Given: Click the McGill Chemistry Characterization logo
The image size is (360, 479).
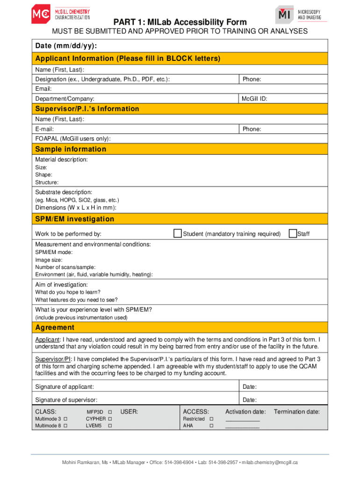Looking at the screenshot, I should click(x=60, y=15).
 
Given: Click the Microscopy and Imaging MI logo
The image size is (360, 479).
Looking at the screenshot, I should click(x=301, y=15).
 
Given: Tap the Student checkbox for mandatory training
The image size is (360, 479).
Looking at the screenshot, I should click(x=178, y=233).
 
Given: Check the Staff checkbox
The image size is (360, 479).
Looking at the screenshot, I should click(x=293, y=233).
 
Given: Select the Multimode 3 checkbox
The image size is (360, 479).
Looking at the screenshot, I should click(x=65, y=419).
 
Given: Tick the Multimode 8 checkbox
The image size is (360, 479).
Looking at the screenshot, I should click(x=65, y=426).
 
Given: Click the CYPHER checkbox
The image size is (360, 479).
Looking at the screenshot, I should click(x=110, y=419).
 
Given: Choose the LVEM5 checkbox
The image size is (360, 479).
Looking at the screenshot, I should click(x=110, y=426).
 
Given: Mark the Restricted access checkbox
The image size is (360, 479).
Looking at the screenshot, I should click(x=212, y=419).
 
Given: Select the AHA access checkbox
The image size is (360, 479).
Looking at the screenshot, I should click(x=212, y=426).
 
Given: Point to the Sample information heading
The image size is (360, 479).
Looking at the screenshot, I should click(x=71, y=149).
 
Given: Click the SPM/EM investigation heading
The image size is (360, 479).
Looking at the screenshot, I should click(x=74, y=219).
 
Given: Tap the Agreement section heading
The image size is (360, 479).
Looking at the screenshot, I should click(x=55, y=327).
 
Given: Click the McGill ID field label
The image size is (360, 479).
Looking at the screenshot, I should click(x=254, y=99).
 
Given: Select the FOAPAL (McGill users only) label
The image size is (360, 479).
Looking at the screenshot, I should click(x=73, y=138).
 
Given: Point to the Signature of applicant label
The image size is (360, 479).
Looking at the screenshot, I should click(x=65, y=387).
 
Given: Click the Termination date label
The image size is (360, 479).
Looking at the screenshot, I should click(x=297, y=412).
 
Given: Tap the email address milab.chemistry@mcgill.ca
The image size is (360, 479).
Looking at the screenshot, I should click(x=270, y=463).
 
